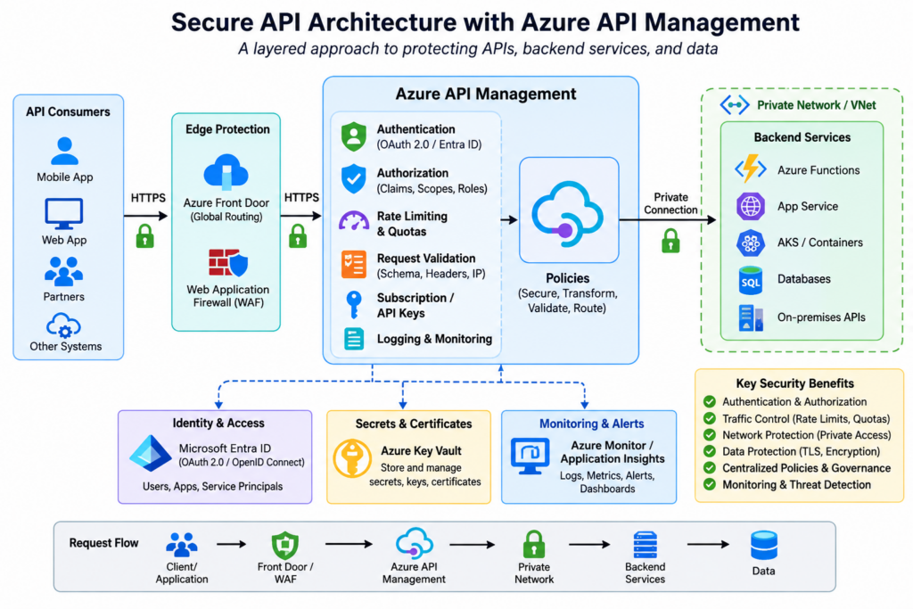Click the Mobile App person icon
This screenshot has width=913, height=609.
[x=64, y=151]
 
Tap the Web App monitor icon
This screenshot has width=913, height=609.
[x=64, y=214]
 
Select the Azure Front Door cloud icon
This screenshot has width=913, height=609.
[x=226, y=172]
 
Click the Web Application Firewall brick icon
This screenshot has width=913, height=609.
[x=228, y=263]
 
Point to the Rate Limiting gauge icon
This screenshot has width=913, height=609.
[x=354, y=222]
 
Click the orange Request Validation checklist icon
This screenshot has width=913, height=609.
[x=354, y=264]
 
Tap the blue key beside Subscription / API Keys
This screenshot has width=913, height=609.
[x=353, y=305]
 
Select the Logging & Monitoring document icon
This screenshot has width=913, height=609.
[x=354, y=339]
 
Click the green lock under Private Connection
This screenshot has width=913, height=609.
[x=670, y=241]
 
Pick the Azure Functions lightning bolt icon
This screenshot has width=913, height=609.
[x=751, y=169]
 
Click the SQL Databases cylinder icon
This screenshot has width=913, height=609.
[x=751, y=280]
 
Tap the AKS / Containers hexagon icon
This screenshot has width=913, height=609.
[x=751, y=243]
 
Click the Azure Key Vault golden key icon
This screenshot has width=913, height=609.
[x=352, y=459]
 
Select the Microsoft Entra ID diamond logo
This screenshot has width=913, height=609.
[x=150, y=453]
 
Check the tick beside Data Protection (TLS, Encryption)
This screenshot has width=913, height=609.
[x=709, y=451]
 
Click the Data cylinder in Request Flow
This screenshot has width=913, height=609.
[x=764, y=545]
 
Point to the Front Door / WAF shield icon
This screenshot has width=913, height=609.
[x=285, y=546]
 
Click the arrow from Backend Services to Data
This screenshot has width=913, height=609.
[x=708, y=545]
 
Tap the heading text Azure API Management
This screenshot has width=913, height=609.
[x=486, y=94]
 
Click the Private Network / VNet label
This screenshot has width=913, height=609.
[x=817, y=105]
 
